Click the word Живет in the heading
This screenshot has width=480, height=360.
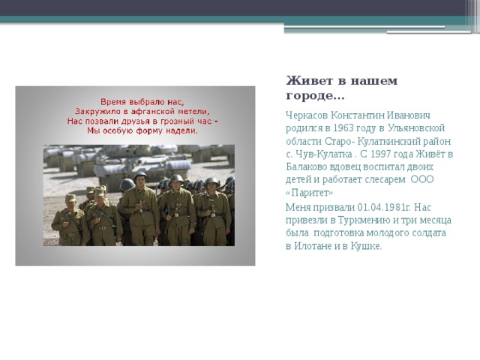[x=304, y=81]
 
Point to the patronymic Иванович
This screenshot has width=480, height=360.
[x=412, y=115]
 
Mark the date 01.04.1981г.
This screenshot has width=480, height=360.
[x=383, y=206]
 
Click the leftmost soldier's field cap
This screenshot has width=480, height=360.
[x=70, y=198]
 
